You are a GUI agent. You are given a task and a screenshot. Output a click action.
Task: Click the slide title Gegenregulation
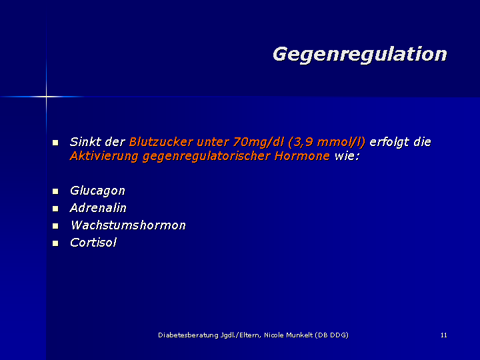(360, 55)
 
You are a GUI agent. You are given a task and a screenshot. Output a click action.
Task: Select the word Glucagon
(97, 191)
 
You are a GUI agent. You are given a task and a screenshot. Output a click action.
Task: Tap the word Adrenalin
(98, 208)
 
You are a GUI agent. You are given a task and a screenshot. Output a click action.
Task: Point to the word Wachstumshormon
(128, 225)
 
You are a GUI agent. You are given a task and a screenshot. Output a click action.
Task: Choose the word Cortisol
(93, 243)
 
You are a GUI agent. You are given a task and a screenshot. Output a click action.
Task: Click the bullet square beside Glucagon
(55, 191)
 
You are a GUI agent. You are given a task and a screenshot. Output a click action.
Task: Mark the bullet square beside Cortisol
(55, 243)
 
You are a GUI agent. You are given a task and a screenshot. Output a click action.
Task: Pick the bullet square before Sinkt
(55, 143)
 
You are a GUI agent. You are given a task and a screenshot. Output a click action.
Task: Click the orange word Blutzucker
(161, 142)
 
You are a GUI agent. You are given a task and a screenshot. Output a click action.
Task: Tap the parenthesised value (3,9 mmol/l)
(327, 143)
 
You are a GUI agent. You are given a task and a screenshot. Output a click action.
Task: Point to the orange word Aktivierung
(104, 156)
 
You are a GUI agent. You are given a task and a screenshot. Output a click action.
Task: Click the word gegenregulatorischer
(206, 157)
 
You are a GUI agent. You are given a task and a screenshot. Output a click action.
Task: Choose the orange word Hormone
(302, 156)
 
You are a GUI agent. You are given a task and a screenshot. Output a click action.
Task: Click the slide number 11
(444, 335)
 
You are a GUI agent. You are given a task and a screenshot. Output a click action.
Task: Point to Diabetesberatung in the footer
(188, 335)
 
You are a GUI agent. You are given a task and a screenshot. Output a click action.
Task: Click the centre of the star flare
(46, 97)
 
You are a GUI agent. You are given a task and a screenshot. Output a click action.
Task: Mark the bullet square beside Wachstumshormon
(55, 226)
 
